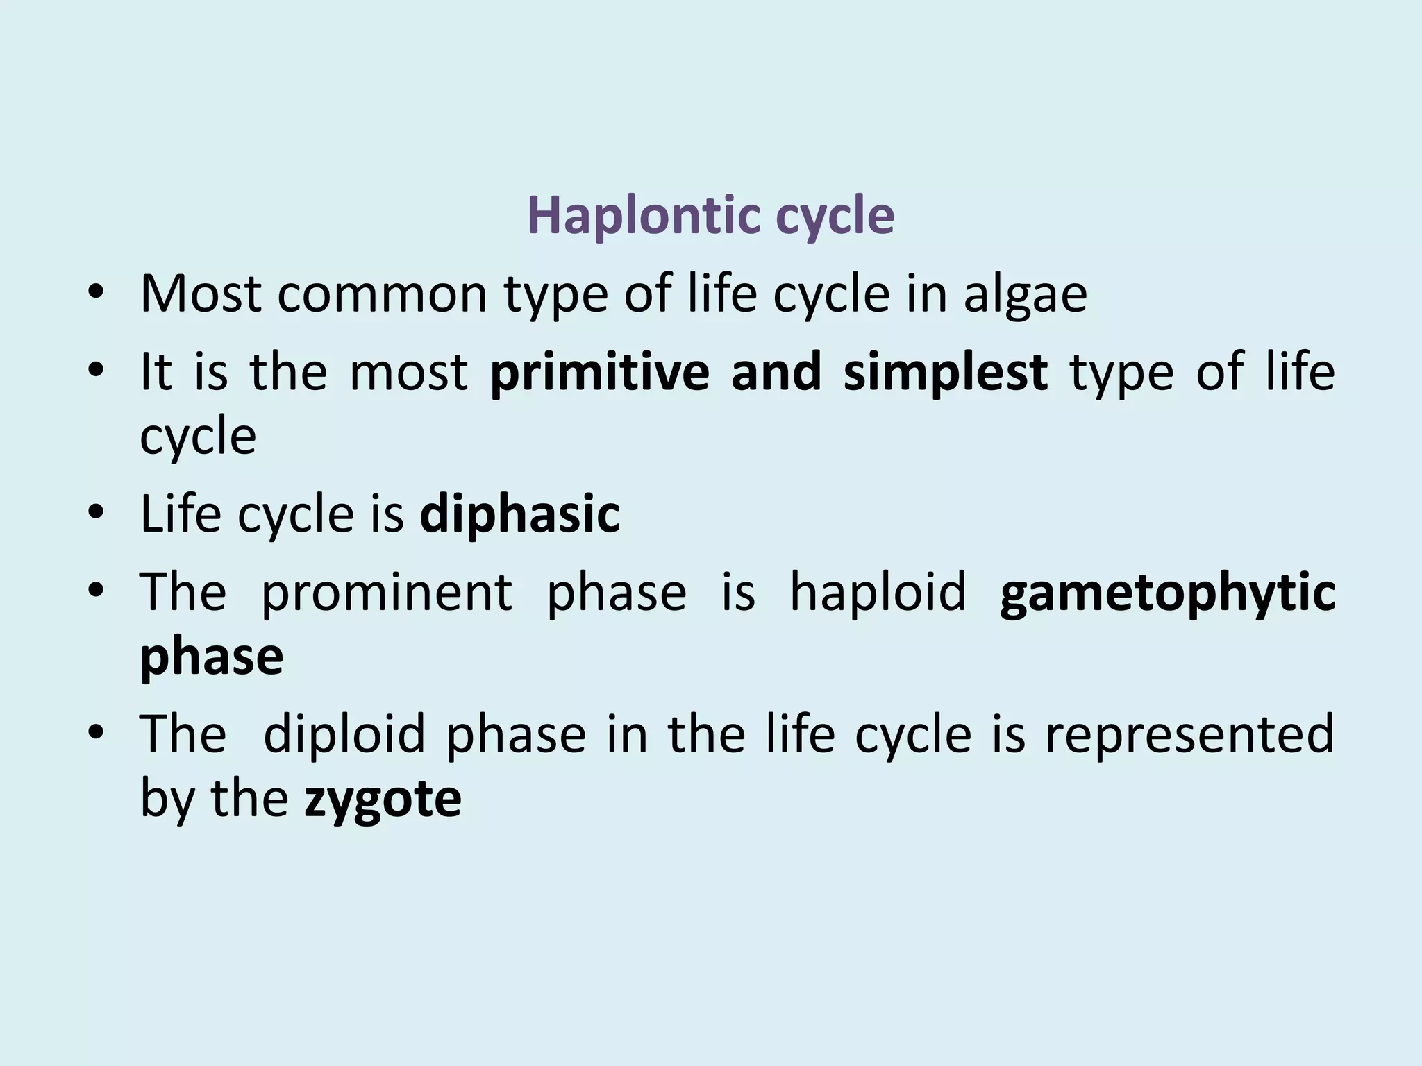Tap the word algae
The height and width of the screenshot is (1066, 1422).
(x=1024, y=294)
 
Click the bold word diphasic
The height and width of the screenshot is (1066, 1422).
(x=519, y=514)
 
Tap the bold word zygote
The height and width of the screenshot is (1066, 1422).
(x=383, y=799)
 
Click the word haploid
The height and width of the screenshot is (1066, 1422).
(x=878, y=592)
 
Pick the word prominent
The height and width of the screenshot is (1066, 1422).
(x=387, y=592)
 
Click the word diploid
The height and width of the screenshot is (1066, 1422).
(x=344, y=734)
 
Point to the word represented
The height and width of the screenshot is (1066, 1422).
(x=1189, y=734)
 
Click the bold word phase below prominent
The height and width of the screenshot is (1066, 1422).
(x=212, y=657)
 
